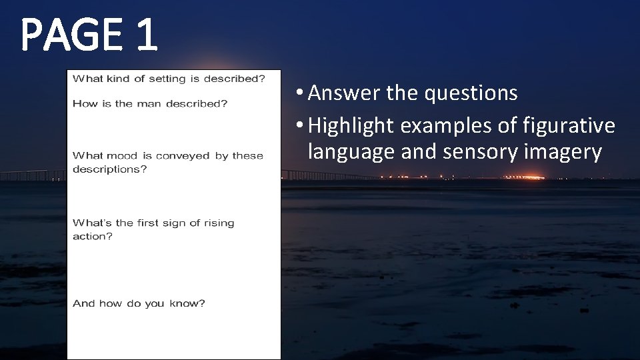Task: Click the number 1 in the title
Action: click(x=146, y=35)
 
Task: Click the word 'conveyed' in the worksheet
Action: click(x=183, y=156)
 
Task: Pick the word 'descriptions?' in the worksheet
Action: click(x=109, y=169)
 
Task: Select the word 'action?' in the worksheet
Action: click(x=93, y=237)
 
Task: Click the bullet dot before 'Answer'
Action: click(x=301, y=93)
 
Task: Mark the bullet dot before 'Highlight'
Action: click(x=301, y=125)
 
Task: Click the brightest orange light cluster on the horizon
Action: click(x=527, y=177)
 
